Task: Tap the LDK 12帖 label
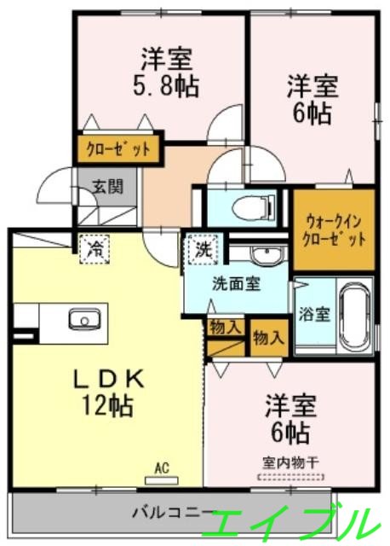[x=108, y=390]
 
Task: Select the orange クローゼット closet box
[x=120, y=149]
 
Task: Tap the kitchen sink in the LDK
[x=83, y=321]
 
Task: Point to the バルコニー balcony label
[x=170, y=514]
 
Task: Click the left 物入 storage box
[x=225, y=327]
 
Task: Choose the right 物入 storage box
[x=268, y=337]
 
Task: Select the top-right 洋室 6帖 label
[x=311, y=99]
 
